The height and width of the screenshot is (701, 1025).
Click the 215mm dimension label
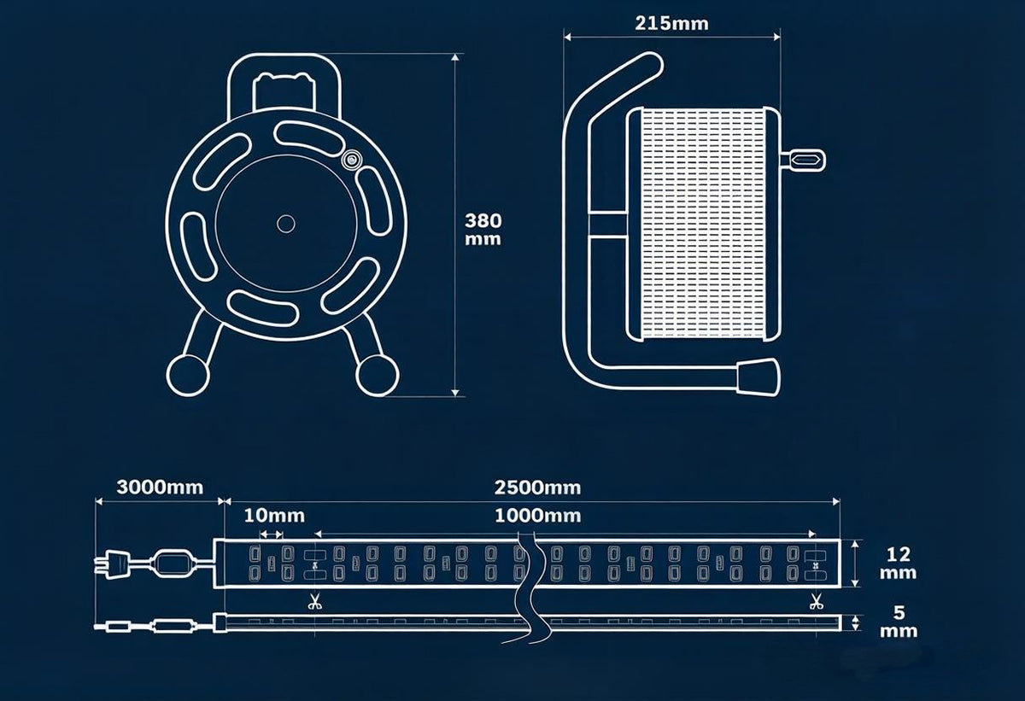point(671,23)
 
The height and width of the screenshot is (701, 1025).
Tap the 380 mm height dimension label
point(483,230)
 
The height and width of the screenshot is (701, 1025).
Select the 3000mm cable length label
point(160,488)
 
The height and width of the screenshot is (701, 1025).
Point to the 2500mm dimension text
point(537,488)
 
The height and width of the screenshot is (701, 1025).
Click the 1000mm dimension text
point(537,516)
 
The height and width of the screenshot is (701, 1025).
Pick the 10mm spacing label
point(274,516)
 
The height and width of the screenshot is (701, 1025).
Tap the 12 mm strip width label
point(899,564)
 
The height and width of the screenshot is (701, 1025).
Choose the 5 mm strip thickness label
point(899,622)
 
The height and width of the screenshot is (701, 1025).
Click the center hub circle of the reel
point(286,224)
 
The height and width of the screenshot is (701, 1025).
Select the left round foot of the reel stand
point(188,375)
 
